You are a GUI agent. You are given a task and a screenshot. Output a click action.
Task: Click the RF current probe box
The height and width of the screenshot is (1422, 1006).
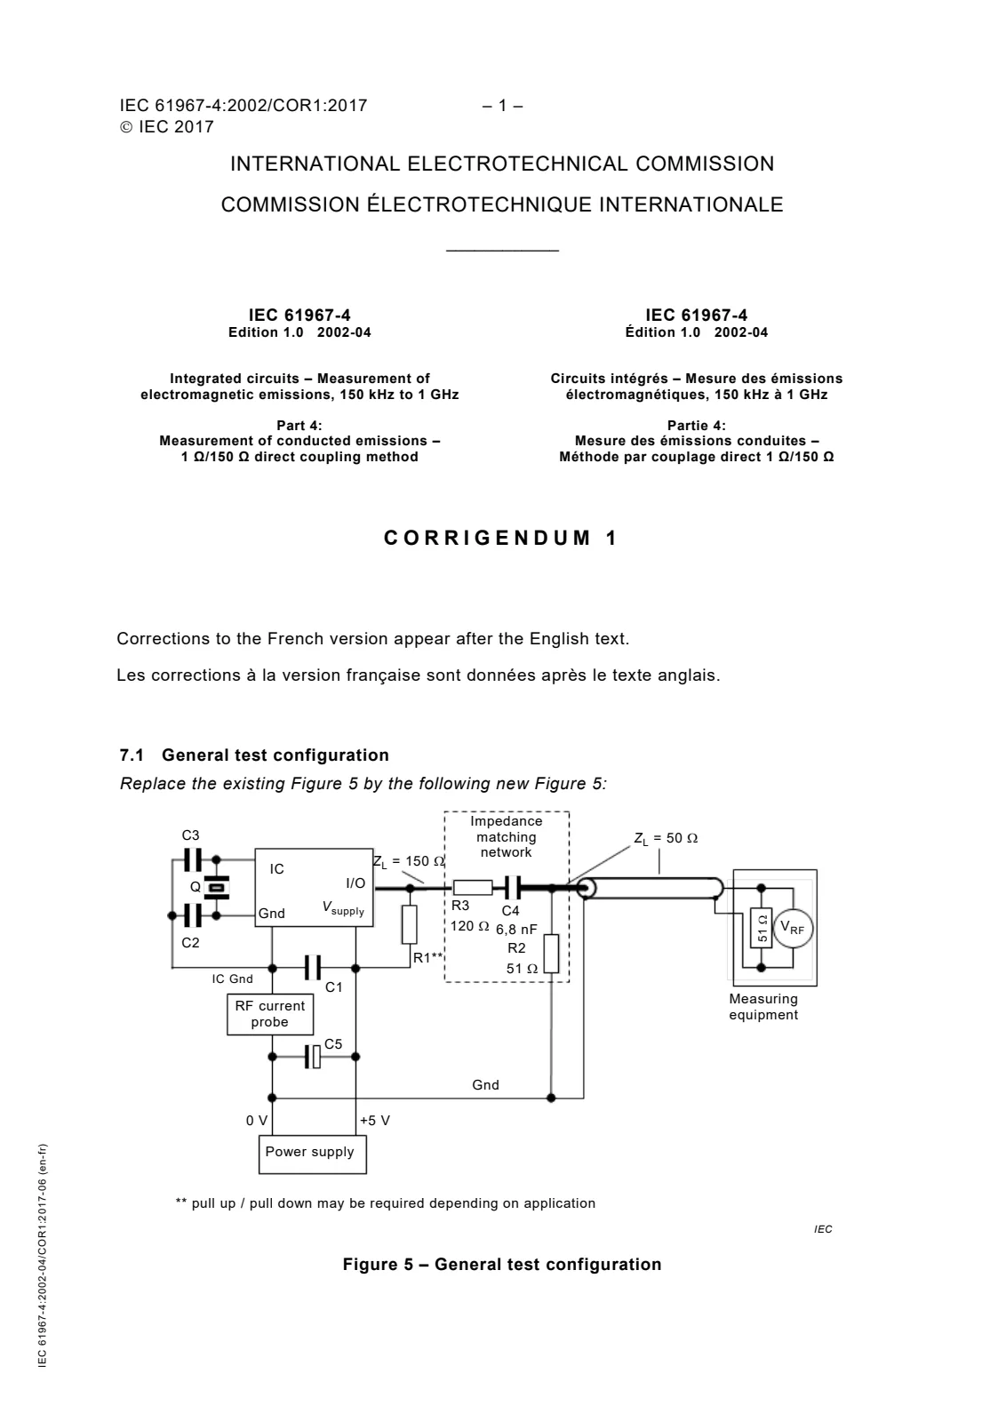(270, 1014)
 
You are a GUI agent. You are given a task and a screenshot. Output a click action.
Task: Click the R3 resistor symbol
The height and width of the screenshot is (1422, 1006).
(472, 888)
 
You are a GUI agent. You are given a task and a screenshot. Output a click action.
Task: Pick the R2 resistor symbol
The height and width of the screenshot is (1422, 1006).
(551, 954)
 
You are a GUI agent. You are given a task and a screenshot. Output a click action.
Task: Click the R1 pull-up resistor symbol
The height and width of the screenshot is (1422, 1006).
(410, 924)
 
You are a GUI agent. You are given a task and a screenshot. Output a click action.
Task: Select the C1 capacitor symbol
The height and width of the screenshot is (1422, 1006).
(313, 968)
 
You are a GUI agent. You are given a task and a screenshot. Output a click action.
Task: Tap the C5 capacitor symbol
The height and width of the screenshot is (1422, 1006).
(313, 1057)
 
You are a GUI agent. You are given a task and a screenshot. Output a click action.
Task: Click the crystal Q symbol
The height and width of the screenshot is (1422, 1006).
(217, 887)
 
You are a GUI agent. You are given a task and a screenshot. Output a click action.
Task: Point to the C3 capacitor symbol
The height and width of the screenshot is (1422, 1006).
(192, 860)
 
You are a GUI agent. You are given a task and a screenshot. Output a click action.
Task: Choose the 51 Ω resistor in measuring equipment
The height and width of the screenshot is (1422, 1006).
(761, 928)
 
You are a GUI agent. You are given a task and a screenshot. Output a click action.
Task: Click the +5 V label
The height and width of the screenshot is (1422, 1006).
(374, 1121)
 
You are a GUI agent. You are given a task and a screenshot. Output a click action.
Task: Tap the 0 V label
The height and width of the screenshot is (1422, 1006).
(257, 1121)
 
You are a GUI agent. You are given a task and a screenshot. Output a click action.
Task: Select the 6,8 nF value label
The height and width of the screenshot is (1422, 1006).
(516, 930)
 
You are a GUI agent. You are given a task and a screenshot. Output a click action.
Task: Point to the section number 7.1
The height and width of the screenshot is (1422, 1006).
(132, 755)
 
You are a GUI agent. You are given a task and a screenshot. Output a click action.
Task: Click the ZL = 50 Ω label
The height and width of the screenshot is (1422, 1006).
(666, 838)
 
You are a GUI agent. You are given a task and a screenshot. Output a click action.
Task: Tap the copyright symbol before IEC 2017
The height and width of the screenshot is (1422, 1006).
(126, 127)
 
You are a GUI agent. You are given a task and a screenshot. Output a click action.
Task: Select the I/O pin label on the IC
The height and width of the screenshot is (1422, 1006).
(355, 883)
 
